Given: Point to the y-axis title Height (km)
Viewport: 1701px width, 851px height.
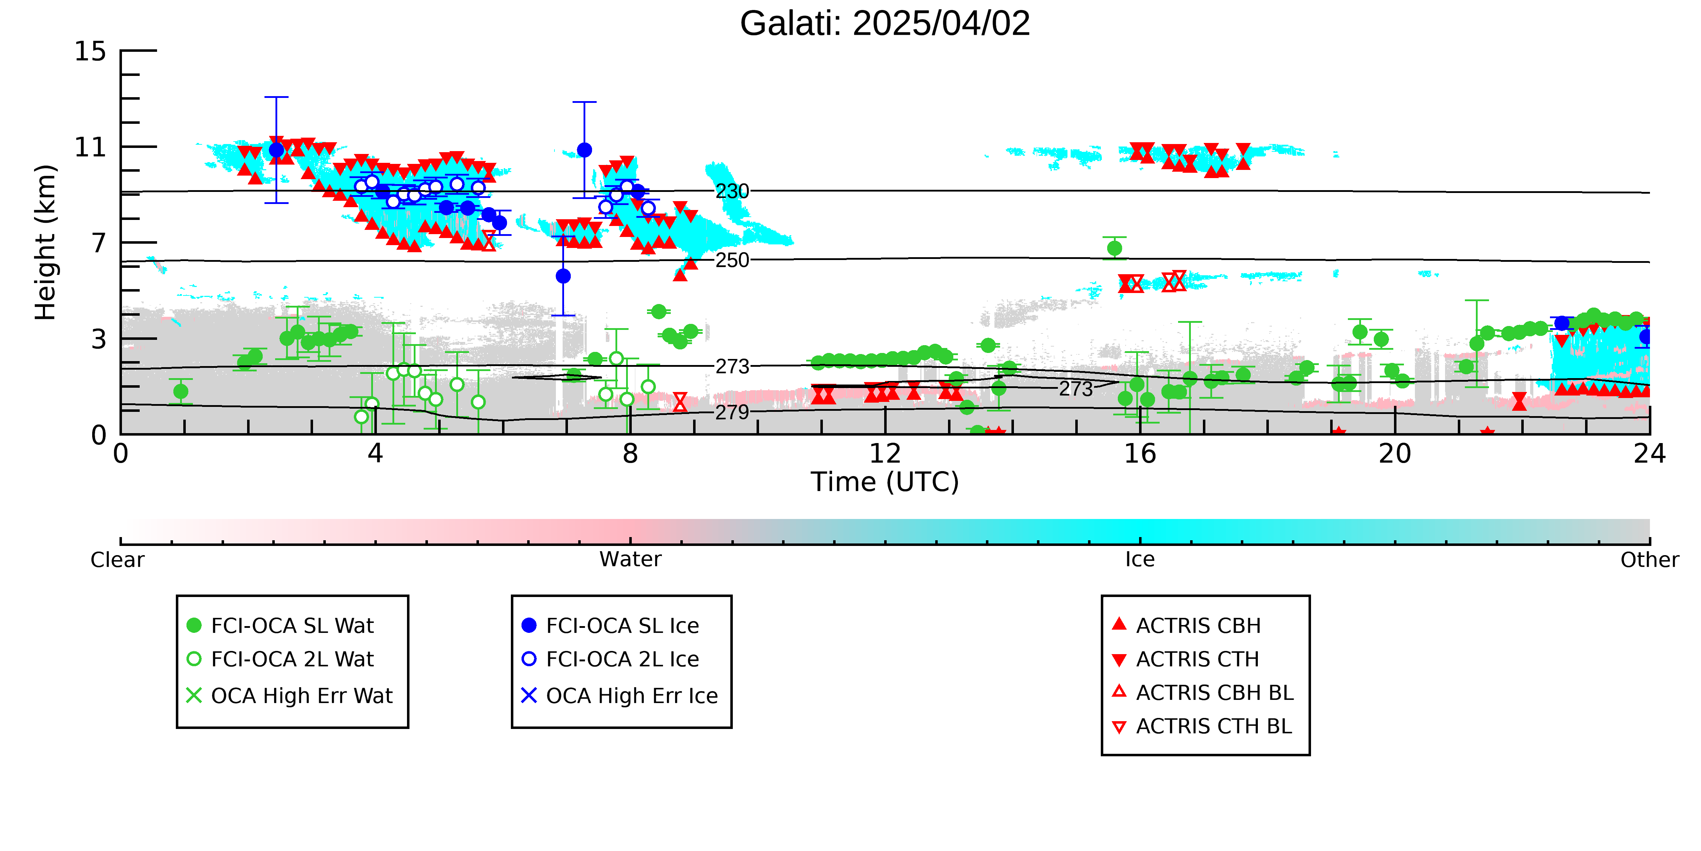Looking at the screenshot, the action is [46, 243].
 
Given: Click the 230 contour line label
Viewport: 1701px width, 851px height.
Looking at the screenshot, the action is [732, 192].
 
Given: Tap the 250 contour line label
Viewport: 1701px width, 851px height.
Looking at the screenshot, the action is [732, 260].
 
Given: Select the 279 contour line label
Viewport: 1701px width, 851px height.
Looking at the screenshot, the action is [732, 412].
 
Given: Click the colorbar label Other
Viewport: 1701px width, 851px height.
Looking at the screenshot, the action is [1650, 560].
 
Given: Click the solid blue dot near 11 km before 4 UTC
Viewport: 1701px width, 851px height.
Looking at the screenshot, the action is [277, 151].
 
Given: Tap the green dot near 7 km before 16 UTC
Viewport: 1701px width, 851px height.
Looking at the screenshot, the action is [1115, 248].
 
